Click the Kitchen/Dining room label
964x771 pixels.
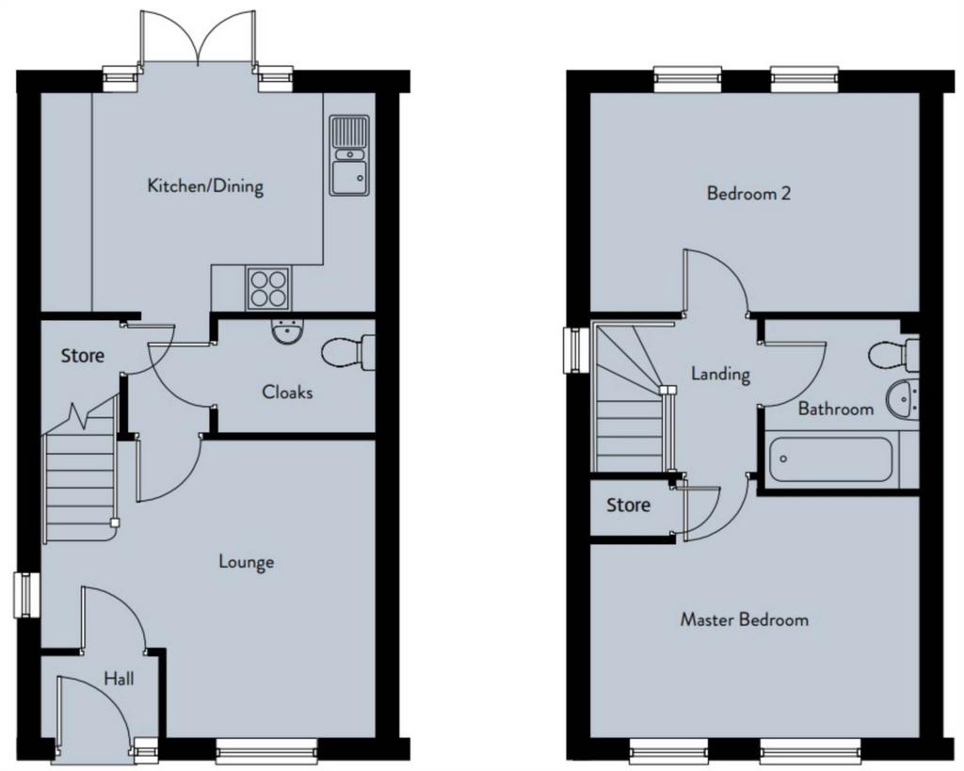tap(205, 185)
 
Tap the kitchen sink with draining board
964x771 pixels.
tap(349, 155)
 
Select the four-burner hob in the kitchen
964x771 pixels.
tap(268, 288)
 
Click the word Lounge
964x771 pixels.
tap(247, 562)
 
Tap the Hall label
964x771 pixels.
tap(119, 679)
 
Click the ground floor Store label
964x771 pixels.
tap(83, 355)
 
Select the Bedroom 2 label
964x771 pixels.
tap(748, 194)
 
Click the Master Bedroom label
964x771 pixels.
tap(744, 619)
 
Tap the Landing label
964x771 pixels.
tap(720, 374)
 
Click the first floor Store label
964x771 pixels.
tap(628, 506)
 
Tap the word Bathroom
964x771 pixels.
tap(836, 409)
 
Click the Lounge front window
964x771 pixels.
tap(266, 750)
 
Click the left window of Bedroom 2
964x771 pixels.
tap(687, 79)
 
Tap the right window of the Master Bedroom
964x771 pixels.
tap(795, 750)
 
